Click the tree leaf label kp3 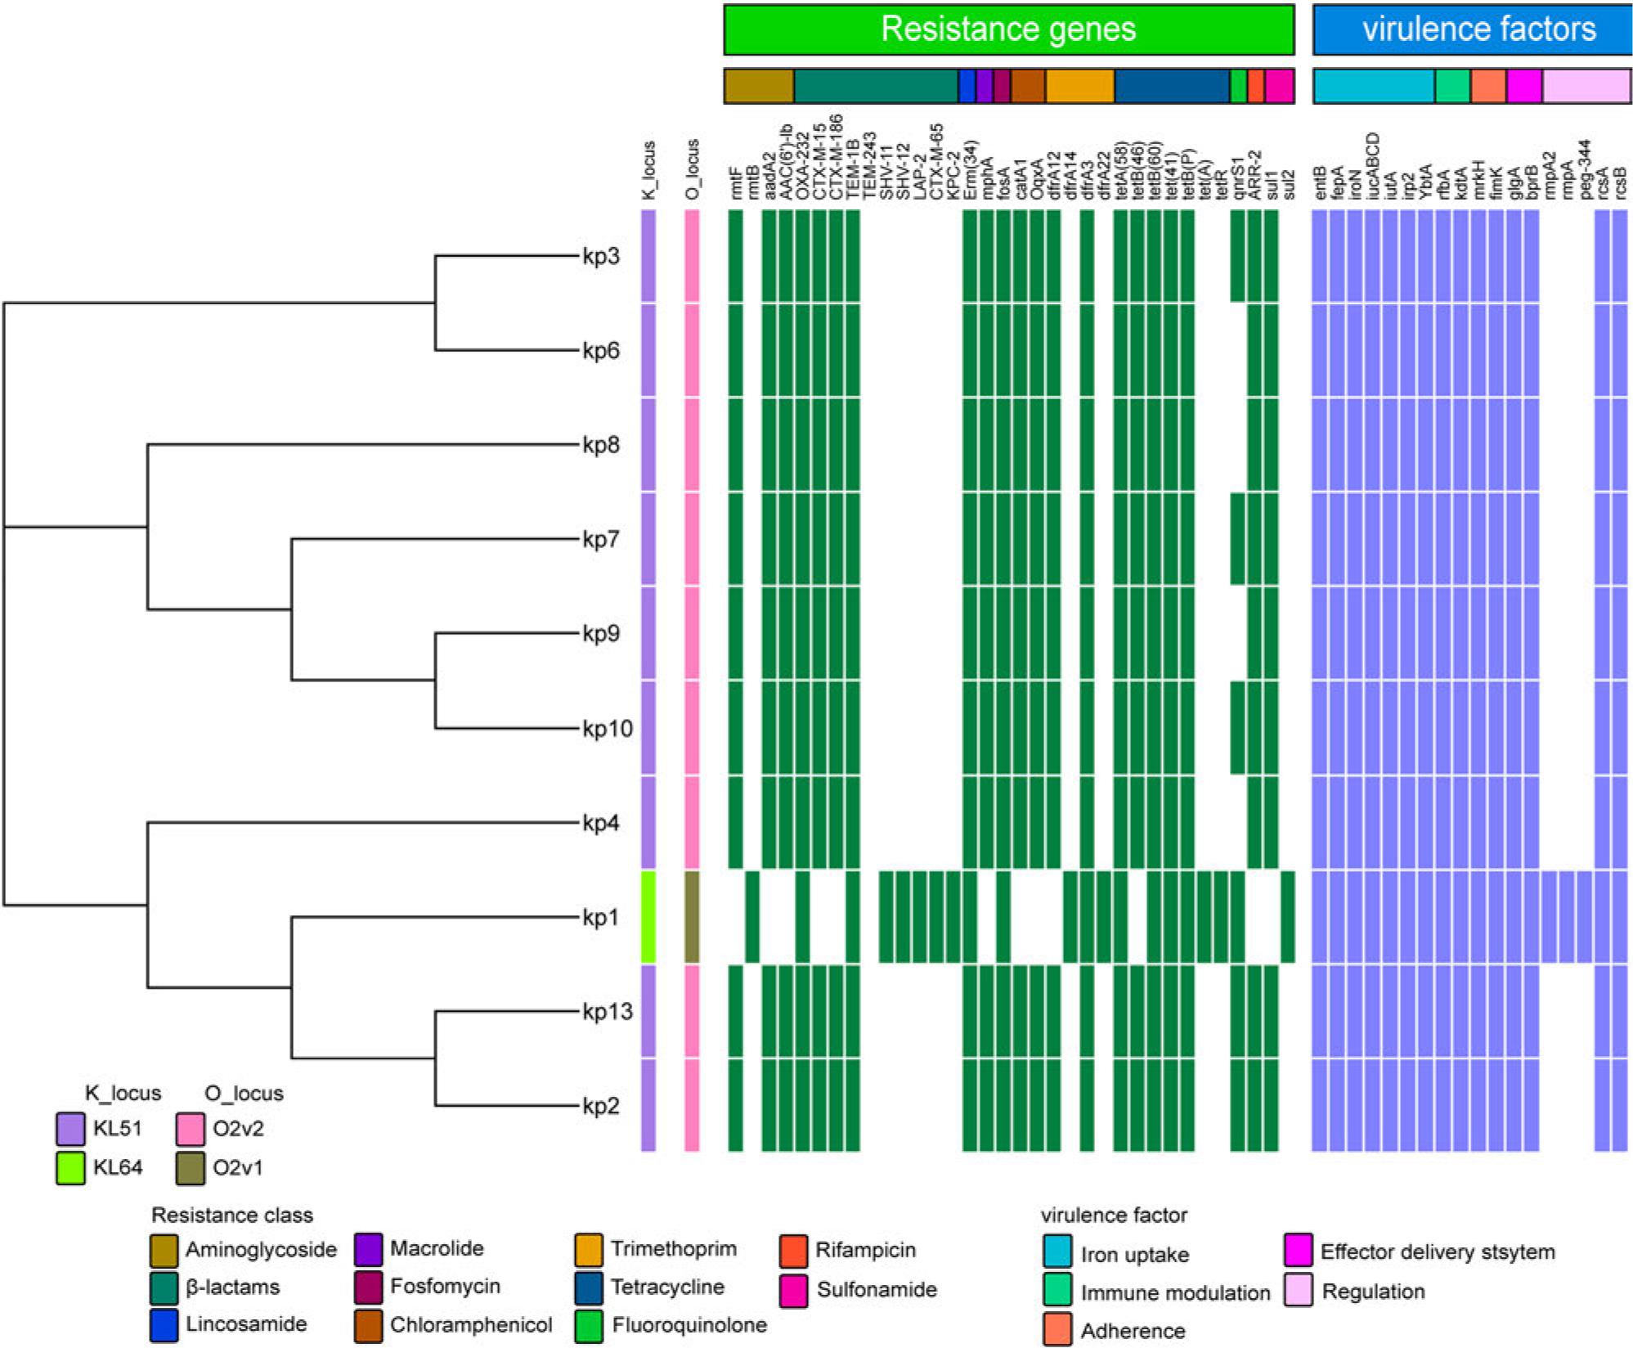click(x=601, y=256)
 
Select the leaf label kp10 click(x=608, y=728)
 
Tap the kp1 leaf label click(x=601, y=917)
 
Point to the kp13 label click(x=608, y=1012)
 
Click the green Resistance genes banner click(x=1008, y=29)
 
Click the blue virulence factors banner click(x=1472, y=29)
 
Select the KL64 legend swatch click(x=71, y=1167)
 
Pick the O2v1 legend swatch click(x=191, y=1167)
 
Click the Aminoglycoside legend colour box click(x=164, y=1250)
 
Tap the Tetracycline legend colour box click(x=589, y=1287)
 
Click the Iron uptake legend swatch click(x=1057, y=1253)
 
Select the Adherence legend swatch click(x=1057, y=1330)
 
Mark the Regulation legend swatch click(x=1299, y=1290)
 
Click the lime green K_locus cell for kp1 click(x=648, y=917)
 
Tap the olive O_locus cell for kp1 click(x=692, y=917)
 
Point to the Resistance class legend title click(x=232, y=1215)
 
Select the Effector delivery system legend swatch click(x=1299, y=1251)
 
